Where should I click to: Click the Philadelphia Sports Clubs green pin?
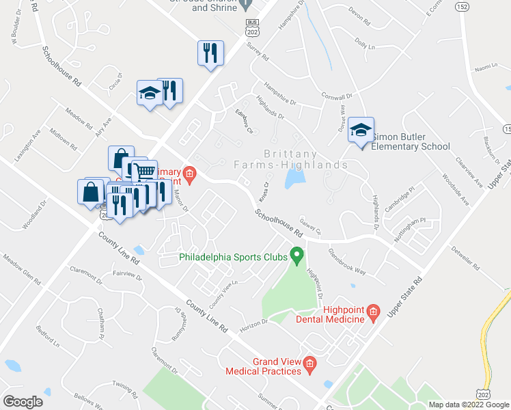[296, 256]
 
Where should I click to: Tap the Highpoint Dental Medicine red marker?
[373, 314]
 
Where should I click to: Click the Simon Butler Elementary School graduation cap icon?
[360, 131]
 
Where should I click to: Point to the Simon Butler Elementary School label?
[410, 146]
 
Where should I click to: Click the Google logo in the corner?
[23, 402]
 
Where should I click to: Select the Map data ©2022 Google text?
[468, 405]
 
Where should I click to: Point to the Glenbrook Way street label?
[346, 261]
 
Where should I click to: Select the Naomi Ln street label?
[485, 68]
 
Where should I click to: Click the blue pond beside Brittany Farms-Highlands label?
[294, 179]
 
